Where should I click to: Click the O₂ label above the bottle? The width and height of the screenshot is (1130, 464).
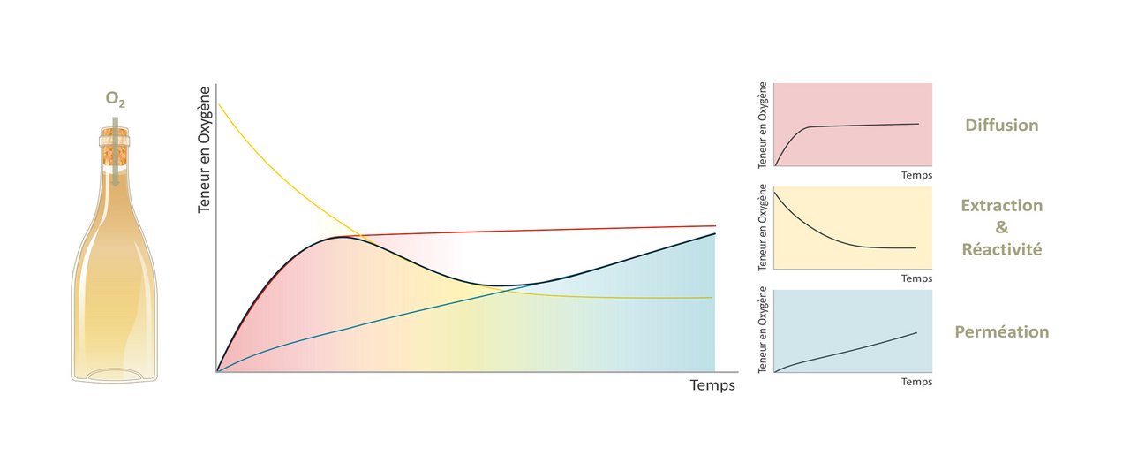point(115,99)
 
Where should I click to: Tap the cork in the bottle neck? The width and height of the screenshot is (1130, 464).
point(114,147)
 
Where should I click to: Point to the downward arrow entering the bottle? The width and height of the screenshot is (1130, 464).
point(115,151)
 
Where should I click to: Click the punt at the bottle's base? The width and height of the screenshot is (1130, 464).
point(114,374)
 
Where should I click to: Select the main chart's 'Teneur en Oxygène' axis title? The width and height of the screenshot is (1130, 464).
point(204,150)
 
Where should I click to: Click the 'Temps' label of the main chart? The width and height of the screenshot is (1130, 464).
point(712,385)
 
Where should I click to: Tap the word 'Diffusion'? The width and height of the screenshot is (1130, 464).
point(1002,125)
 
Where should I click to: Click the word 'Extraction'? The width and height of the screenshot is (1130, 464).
point(1002,205)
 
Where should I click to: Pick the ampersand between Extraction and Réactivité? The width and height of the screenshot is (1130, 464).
point(1002,227)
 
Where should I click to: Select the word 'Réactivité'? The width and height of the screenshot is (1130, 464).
point(1002,249)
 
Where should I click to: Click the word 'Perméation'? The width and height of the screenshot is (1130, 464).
point(1002,331)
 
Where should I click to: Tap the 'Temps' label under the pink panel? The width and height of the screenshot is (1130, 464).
point(916,175)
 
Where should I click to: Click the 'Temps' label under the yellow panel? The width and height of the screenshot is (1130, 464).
point(916,278)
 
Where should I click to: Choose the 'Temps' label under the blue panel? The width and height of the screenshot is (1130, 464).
point(916,382)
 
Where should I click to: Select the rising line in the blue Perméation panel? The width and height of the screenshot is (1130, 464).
point(847,352)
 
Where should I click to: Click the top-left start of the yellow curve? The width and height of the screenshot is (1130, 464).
point(218,103)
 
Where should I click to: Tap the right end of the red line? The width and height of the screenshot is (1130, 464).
point(715,225)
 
